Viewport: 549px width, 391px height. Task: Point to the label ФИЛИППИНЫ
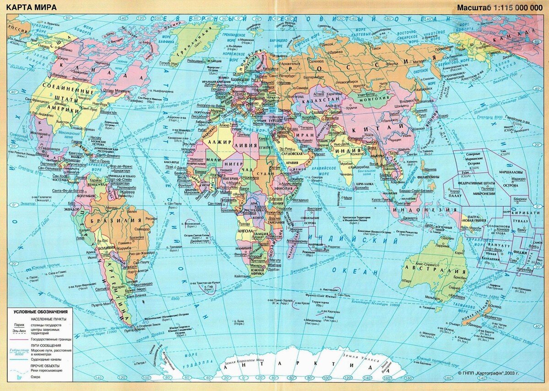[427, 176]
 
